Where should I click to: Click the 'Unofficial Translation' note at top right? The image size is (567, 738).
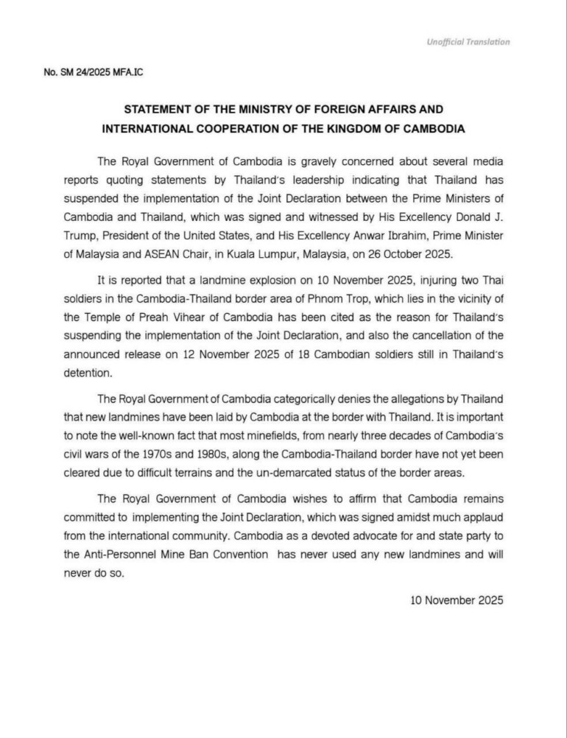point(468,42)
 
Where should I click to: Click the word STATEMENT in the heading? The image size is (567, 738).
point(159,109)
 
